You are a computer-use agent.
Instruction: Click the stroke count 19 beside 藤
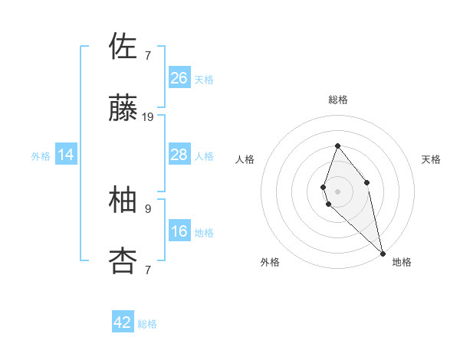(148, 117)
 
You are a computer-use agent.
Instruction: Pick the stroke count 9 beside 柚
(148, 208)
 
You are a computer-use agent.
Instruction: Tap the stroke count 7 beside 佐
(148, 55)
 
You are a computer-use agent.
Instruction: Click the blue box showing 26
(179, 78)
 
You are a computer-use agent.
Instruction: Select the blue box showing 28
(179, 155)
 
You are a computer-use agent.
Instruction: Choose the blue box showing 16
(179, 231)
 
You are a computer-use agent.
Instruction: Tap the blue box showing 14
(66, 155)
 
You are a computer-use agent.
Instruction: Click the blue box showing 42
(123, 322)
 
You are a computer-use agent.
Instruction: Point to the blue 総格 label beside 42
(147, 324)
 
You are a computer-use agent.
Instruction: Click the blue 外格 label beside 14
(41, 156)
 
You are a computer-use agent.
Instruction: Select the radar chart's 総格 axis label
(338, 100)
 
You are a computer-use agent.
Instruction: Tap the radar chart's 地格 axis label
(402, 262)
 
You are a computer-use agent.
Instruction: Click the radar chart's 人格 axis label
(245, 159)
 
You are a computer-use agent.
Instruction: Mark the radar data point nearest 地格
(383, 253)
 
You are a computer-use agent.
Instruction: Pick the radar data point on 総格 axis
(337, 146)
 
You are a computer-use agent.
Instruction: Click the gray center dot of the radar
(337, 191)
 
